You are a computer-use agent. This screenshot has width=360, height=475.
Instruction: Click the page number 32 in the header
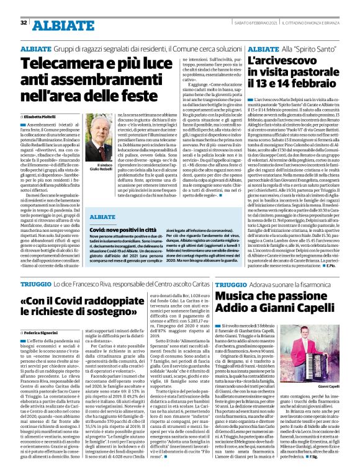[x=23, y=23]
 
